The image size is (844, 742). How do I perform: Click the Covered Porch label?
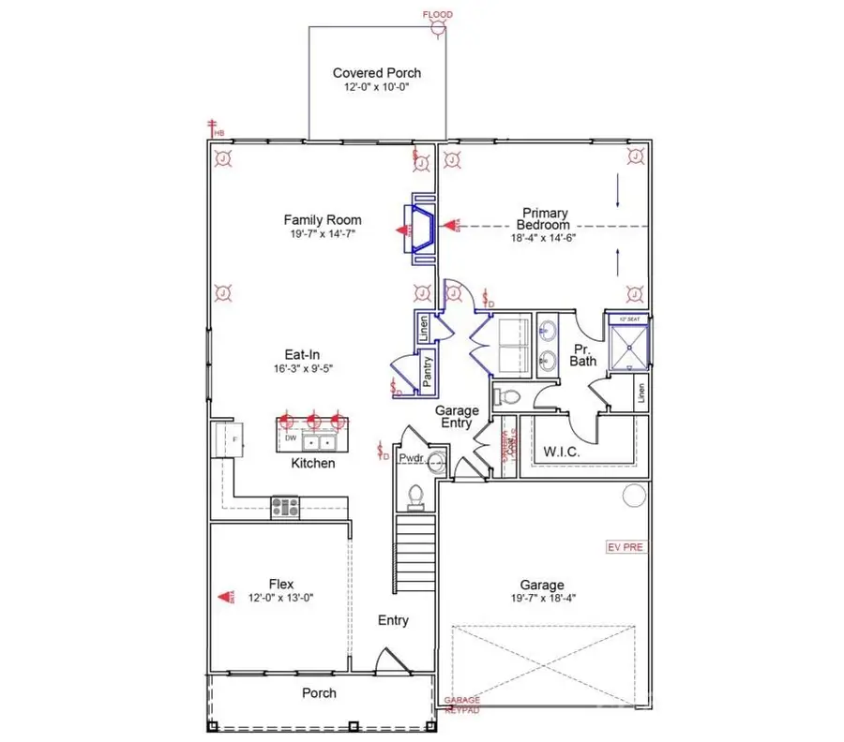point(377,73)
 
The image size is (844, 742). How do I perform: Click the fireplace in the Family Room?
point(418,229)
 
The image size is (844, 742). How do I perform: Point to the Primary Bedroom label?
point(545,219)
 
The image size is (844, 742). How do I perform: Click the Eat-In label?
point(305,354)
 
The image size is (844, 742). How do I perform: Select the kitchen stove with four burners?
point(285,507)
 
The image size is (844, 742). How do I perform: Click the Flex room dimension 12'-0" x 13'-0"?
point(281,598)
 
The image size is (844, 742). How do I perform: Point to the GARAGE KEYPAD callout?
point(461,705)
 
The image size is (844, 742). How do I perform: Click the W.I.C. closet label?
point(563,453)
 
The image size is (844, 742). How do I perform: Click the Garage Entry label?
point(457,417)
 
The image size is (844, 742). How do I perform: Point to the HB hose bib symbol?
point(215,127)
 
